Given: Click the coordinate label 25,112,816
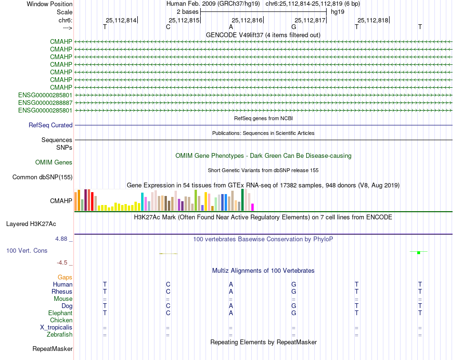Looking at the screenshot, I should (x=247, y=20).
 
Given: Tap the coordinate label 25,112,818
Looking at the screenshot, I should (x=373, y=20).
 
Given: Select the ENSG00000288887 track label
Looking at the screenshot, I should (x=45, y=103).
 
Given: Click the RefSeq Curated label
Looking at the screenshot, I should (x=51, y=125).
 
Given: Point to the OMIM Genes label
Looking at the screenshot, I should (x=54, y=163).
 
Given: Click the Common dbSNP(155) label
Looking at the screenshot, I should (x=42, y=177).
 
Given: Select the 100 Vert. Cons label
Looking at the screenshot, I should (x=27, y=250).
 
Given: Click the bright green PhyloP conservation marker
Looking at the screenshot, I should (x=418, y=252).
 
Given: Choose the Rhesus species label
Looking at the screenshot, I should (x=62, y=291).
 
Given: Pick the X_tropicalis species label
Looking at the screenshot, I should (x=56, y=328).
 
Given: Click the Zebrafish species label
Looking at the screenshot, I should (x=60, y=335).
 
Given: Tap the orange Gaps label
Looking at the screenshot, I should (x=65, y=277).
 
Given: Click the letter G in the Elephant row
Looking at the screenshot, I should (x=294, y=313).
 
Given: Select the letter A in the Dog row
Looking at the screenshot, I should (x=231, y=306).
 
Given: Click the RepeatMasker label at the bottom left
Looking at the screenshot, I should (x=52, y=349).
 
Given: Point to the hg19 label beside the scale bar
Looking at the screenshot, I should (x=338, y=11).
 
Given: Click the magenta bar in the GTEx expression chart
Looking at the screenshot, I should (x=253, y=207).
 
